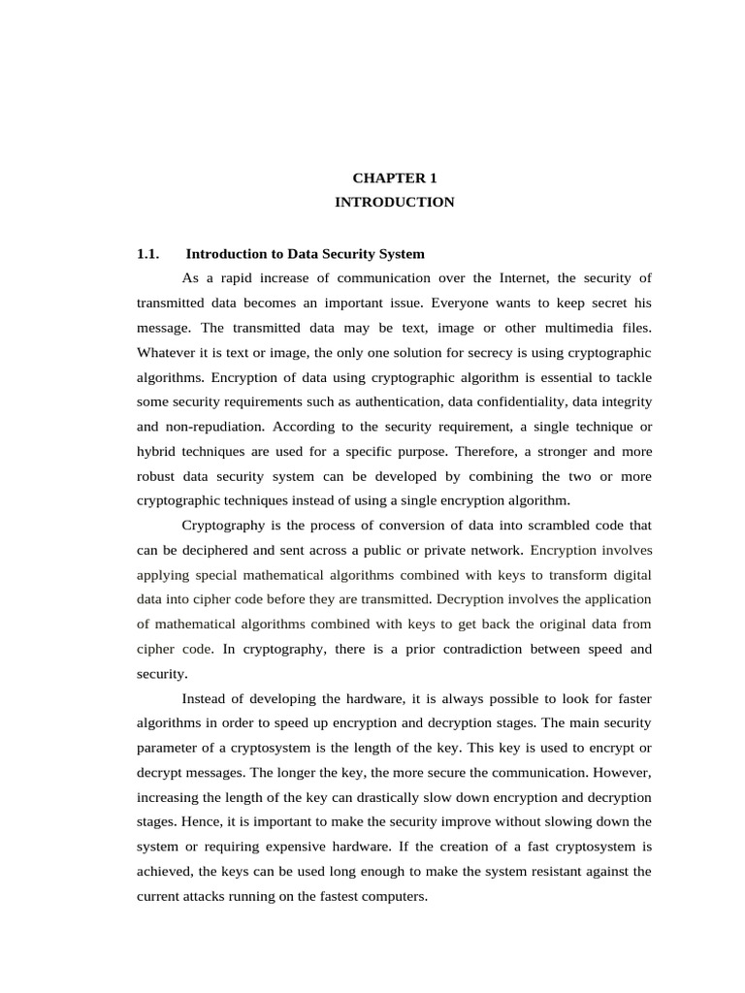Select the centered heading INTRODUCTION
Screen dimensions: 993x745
tap(394, 203)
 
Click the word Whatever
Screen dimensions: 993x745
tap(167, 353)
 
